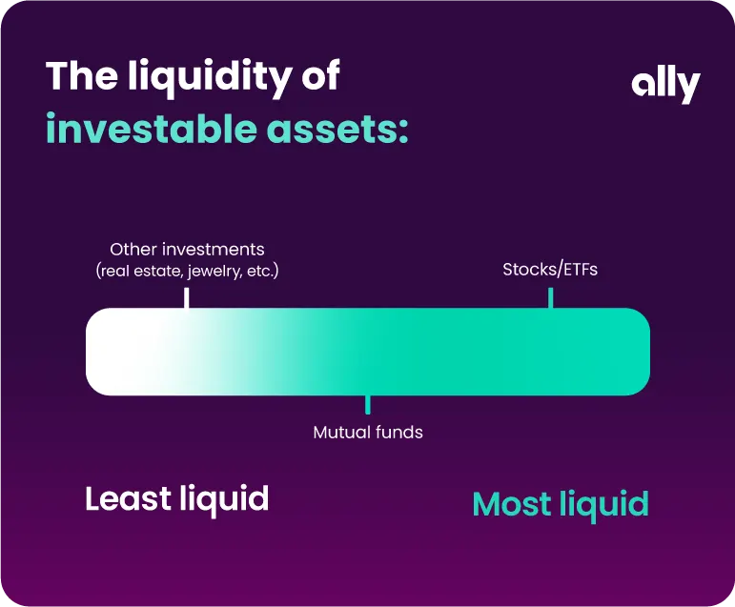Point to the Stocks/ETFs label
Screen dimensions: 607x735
click(x=550, y=270)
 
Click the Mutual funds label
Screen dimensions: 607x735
click(x=368, y=433)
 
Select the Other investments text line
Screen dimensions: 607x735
click(x=187, y=250)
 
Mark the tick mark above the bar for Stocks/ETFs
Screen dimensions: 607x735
click(x=550, y=297)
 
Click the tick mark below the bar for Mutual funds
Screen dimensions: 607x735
click(x=368, y=405)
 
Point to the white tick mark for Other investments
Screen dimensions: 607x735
click(x=186, y=297)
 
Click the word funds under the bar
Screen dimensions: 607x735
click(x=399, y=433)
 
